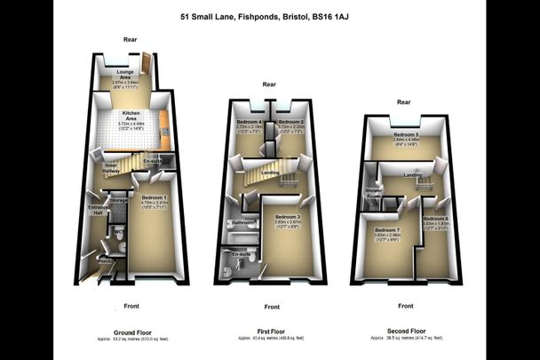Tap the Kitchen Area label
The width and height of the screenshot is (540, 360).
(x=130, y=116)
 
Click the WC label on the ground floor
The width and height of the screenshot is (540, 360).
(x=116, y=235)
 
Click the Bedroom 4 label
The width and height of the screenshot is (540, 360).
(x=249, y=121)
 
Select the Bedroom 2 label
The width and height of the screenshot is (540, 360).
(x=290, y=121)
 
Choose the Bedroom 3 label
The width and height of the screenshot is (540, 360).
(x=288, y=217)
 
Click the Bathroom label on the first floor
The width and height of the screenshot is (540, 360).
(x=243, y=222)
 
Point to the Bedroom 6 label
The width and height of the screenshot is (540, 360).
(x=435, y=219)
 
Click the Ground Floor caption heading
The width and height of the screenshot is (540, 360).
(x=129, y=332)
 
